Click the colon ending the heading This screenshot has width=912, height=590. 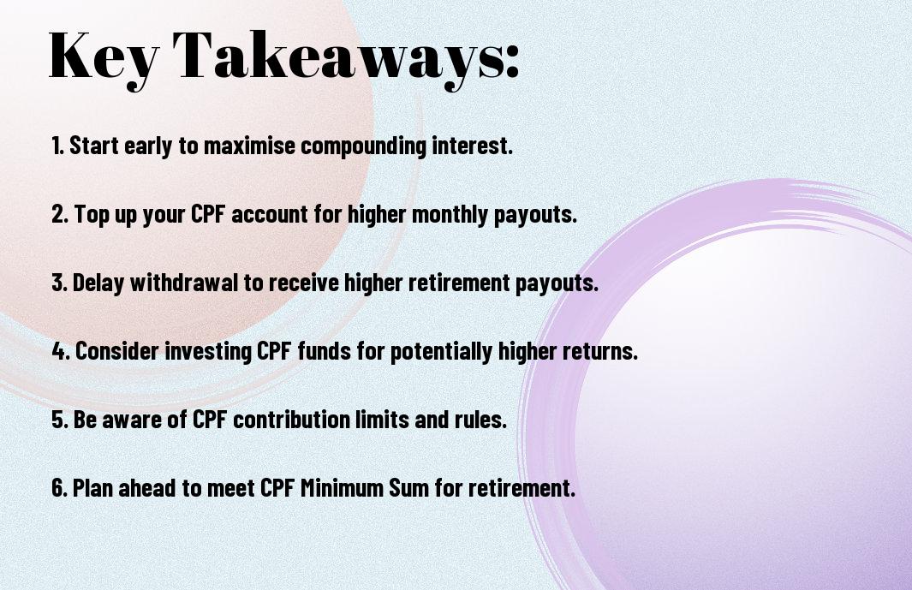click(511, 61)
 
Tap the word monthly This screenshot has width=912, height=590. click(450, 215)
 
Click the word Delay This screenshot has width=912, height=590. click(98, 283)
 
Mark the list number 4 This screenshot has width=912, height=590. click(61, 351)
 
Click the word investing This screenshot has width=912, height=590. click(207, 352)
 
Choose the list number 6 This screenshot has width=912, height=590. click(60, 487)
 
